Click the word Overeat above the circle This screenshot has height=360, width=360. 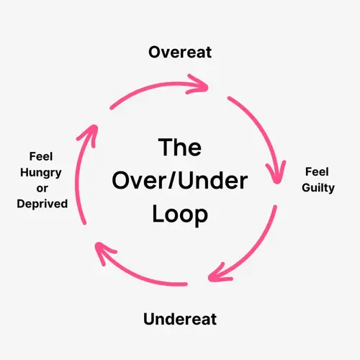click(x=179, y=52)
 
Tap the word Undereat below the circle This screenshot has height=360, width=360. click(x=179, y=318)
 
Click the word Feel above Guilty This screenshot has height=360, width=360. click(x=317, y=172)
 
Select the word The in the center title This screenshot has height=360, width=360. click(x=179, y=147)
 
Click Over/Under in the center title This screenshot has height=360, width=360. click(x=179, y=181)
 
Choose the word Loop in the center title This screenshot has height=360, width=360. click(x=179, y=215)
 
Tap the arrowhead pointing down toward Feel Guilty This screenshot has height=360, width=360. click(x=276, y=173)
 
